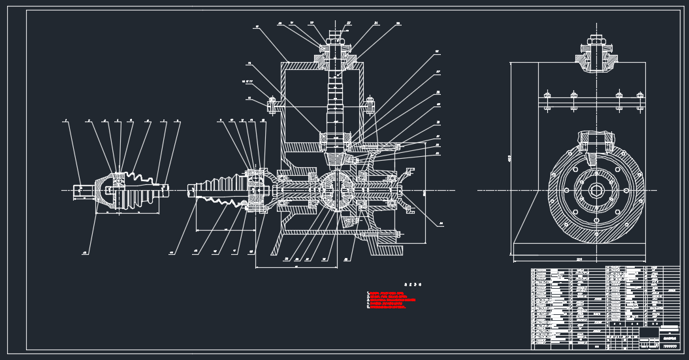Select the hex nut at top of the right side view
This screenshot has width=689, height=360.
point(594,42)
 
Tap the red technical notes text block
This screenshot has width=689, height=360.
point(391,300)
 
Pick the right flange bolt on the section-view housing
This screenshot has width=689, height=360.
point(370,103)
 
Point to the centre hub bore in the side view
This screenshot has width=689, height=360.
point(596,190)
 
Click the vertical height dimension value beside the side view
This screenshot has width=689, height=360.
point(508,159)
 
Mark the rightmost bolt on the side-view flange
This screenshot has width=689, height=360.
point(640,101)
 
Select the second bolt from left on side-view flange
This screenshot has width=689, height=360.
point(574,101)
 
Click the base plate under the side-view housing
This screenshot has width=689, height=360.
point(579,249)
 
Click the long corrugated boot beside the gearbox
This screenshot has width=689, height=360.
point(219,190)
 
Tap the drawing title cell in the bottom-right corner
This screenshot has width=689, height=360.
point(669,338)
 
